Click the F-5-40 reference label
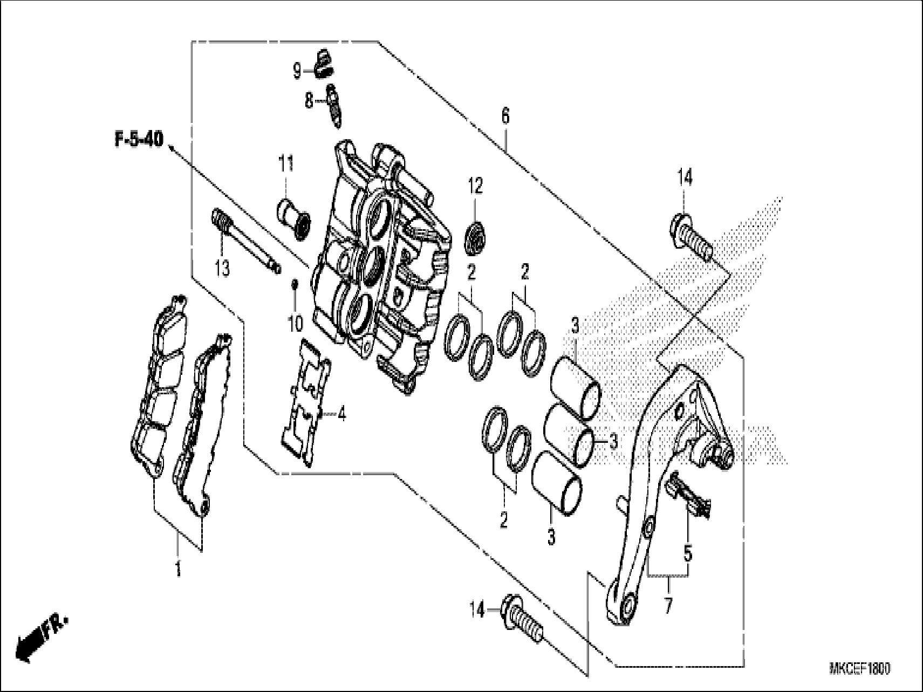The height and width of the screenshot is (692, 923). (138, 140)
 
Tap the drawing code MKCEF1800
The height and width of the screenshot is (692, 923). (859, 669)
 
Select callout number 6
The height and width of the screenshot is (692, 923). (505, 115)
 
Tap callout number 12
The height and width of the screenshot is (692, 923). (475, 187)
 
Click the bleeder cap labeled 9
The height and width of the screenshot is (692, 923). (323, 63)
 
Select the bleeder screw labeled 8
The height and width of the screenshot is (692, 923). (333, 105)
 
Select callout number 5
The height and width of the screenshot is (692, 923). (688, 553)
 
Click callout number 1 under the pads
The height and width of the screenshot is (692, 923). (179, 568)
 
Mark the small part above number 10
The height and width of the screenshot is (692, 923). (295, 284)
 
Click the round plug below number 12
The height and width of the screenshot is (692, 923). (476, 235)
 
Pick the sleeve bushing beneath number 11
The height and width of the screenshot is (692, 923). (294, 217)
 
